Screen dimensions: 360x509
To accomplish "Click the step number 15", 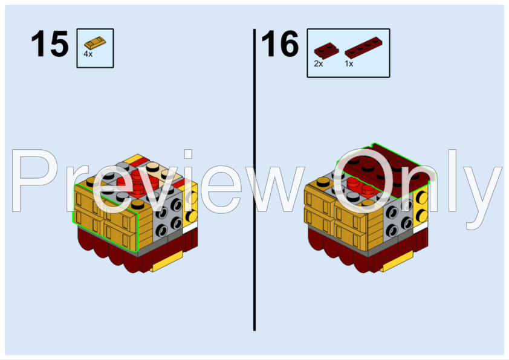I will (50, 45).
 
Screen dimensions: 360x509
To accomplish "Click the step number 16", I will (280, 45).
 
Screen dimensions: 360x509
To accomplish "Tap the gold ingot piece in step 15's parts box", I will (95, 43).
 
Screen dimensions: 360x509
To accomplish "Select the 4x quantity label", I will (88, 54).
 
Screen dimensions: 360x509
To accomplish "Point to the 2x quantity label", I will (318, 63).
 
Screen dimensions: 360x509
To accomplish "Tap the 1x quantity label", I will (349, 63).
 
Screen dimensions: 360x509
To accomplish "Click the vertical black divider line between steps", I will (254, 181).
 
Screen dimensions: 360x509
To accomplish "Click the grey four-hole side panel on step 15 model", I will (167, 217).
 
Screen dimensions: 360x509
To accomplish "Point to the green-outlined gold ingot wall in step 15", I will (106, 217).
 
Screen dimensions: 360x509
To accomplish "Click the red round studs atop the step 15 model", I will (136, 181).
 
